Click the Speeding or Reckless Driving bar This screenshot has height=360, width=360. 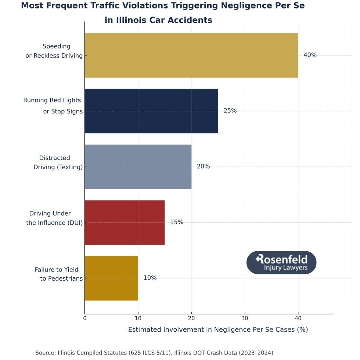pos(191,55)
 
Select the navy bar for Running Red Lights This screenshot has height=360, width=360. pos(151,111)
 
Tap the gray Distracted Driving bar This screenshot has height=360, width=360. pos(138,166)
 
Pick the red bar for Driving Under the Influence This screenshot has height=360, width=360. pos(125,222)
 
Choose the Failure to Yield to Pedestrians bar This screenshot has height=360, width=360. pos(111,278)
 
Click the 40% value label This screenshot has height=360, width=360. pos(310,55)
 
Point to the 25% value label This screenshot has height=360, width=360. pos(230,111)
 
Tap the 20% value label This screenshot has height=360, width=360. pos(203,166)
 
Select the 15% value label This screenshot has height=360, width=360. pos(176,222)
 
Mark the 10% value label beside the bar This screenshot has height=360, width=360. pos(150,278)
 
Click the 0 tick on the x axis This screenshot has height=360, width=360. pos(85,318)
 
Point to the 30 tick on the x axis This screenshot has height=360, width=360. pos(245,318)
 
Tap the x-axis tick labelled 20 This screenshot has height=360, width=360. pos(191,318)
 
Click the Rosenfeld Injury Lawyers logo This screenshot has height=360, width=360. pos(281,263)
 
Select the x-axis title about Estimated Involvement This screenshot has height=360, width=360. pos(218,330)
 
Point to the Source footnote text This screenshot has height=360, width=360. pos(154,353)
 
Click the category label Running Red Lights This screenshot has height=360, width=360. pos(52,100)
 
